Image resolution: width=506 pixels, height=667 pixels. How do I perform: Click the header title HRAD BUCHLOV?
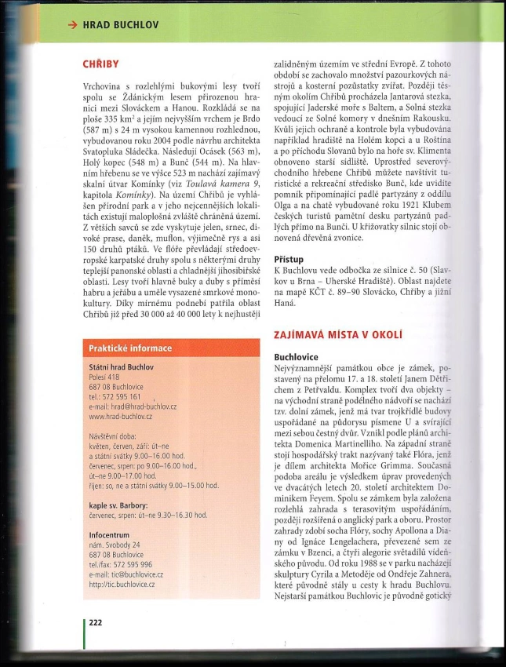[121, 24]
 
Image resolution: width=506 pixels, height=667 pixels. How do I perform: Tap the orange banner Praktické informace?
[129, 348]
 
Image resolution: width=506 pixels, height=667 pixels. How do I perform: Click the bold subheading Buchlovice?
[300, 355]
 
